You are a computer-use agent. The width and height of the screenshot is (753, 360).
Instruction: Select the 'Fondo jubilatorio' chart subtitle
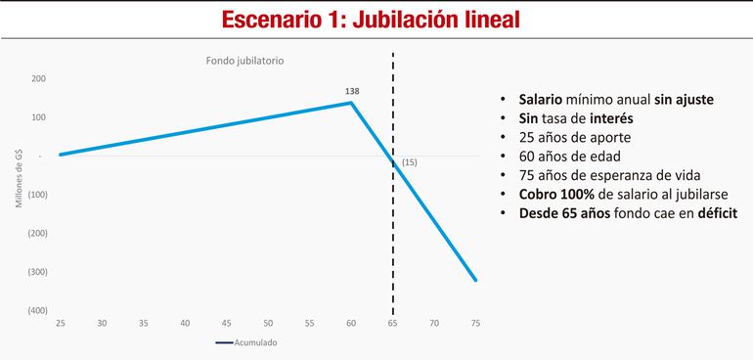click(x=244, y=61)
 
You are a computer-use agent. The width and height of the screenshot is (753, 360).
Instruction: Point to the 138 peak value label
click(x=352, y=91)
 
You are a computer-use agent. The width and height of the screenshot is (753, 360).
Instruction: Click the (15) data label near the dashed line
click(x=409, y=162)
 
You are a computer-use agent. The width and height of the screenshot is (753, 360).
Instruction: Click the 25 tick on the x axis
click(x=60, y=324)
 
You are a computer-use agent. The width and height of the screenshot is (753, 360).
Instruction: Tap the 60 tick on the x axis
click(x=351, y=324)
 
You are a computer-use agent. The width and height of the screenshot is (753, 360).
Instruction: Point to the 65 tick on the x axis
click(x=393, y=324)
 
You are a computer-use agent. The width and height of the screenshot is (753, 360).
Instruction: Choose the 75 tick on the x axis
click(x=476, y=324)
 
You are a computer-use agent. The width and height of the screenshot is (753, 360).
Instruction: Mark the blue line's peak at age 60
click(x=351, y=103)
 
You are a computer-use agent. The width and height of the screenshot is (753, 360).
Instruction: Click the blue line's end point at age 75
click(x=476, y=281)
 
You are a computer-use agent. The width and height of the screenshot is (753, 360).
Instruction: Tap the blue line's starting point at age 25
click(x=61, y=155)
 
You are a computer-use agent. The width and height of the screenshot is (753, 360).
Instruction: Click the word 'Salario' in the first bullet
click(x=541, y=99)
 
